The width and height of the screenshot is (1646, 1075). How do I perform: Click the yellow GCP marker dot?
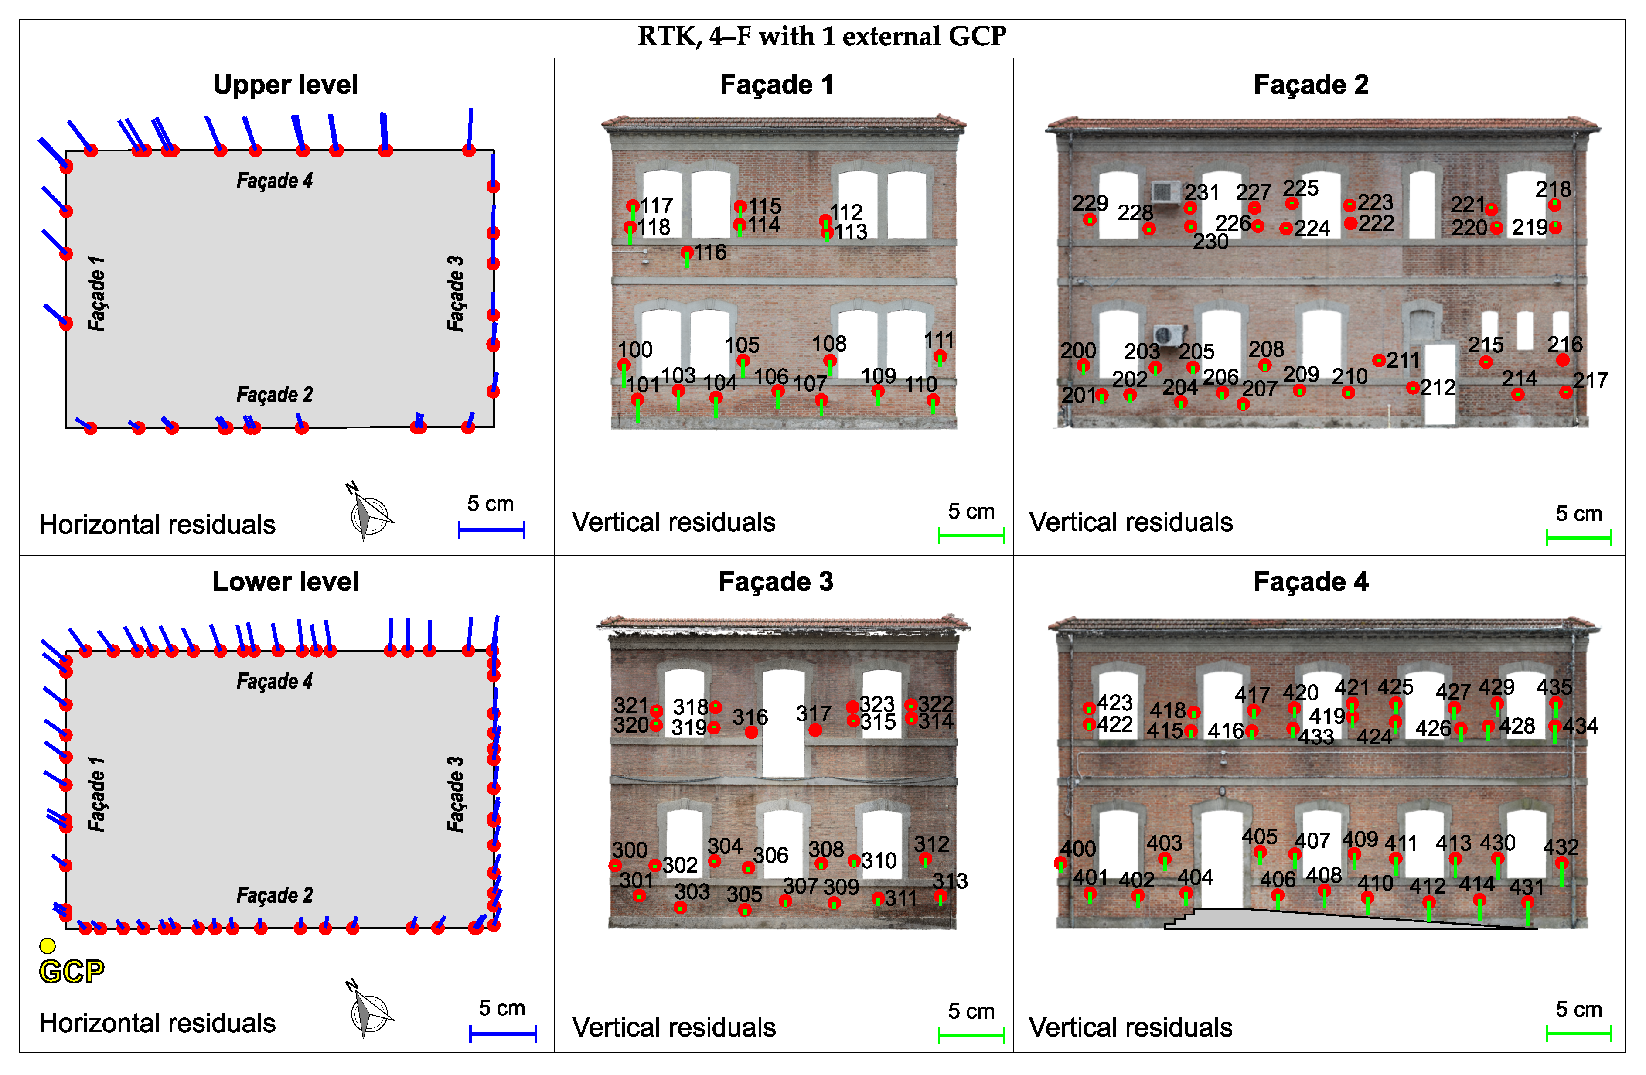click(x=47, y=945)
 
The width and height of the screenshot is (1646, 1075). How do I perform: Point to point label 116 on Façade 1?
click(x=710, y=253)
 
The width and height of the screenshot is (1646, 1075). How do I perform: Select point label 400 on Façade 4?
click(x=1077, y=848)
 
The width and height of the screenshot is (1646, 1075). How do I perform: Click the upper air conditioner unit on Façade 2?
click(x=1165, y=191)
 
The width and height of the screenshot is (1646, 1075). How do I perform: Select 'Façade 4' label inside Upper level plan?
click(x=275, y=181)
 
